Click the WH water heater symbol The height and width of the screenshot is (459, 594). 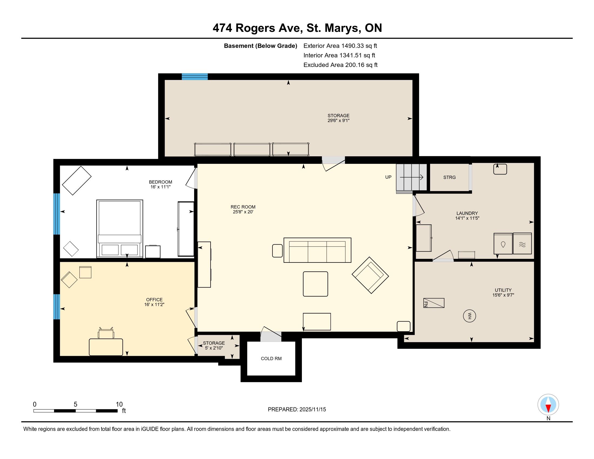pyautogui.click(x=470, y=316)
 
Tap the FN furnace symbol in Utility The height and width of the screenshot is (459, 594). pyautogui.click(x=434, y=303)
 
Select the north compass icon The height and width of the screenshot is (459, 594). pyautogui.click(x=548, y=405)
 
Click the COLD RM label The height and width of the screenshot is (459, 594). pyautogui.click(x=271, y=358)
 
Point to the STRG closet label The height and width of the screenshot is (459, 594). pyautogui.click(x=449, y=177)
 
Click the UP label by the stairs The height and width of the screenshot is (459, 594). pyautogui.click(x=388, y=177)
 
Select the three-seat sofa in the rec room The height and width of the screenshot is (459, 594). pyautogui.click(x=318, y=250)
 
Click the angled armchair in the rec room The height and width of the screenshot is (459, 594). pyautogui.click(x=370, y=275)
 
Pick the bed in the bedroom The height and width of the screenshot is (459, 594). pyautogui.click(x=120, y=229)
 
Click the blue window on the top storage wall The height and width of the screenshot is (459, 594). pyautogui.click(x=195, y=77)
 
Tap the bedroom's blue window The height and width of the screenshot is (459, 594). pyautogui.click(x=57, y=214)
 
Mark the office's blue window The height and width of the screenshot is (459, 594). pyautogui.click(x=57, y=306)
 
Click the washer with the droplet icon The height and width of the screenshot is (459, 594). pyautogui.click(x=503, y=244)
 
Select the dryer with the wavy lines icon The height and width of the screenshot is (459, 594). pyautogui.click(x=522, y=244)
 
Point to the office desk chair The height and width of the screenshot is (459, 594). pyautogui.click(x=106, y=333)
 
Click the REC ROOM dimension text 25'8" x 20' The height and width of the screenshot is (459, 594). pyautogui.click(x=243, y=212)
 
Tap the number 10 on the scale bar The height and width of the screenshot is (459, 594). pyautogui.click(x=119, y=404)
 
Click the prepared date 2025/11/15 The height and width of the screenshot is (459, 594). pyautogui.click(x=312, y=410)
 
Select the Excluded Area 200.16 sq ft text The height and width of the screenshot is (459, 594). pyautogui.click(x=340, y=65)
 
